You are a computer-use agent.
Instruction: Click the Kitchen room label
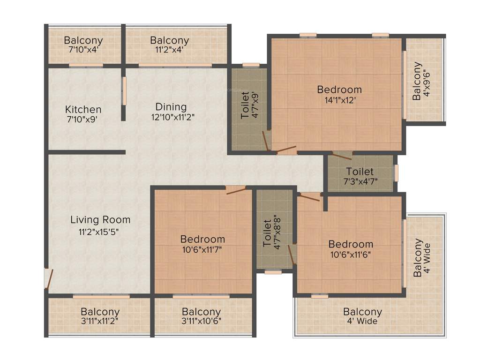pos(83,109)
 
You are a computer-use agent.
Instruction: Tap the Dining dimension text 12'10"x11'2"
pos(172,118)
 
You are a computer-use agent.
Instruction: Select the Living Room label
pos(100,219)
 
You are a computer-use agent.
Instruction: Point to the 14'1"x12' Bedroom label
pos(339,89)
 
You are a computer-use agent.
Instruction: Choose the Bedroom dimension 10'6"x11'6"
pos(351,255)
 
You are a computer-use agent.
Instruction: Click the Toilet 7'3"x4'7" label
pos(360,172)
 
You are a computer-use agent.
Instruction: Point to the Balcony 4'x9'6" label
pos(420,81)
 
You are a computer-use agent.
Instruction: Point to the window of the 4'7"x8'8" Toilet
pos(273,271)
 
